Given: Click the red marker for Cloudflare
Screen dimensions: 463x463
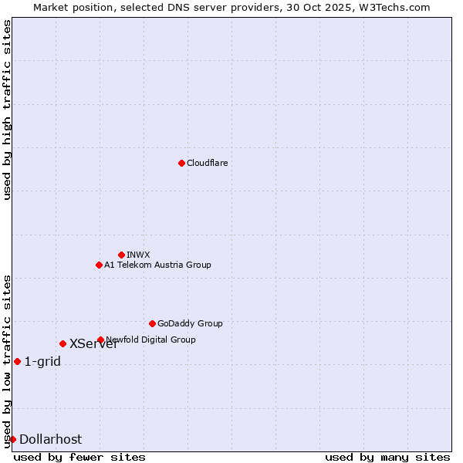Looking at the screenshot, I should coord(181,163).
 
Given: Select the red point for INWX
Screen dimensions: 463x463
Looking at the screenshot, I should coord(121,255).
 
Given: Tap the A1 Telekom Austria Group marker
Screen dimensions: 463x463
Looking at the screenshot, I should coord(99,265).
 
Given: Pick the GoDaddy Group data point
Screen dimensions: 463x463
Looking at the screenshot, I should coord(152,323).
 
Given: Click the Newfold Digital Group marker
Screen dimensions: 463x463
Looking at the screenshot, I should coord(100,340).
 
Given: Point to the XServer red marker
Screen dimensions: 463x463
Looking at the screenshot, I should coord(63,343).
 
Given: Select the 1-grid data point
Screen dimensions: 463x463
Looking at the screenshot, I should coord(17,361).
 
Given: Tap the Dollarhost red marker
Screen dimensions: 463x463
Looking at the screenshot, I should coord(12,439).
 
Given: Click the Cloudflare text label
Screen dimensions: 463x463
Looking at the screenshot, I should coord(207,163).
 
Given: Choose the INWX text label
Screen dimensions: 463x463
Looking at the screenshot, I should coord(139,255).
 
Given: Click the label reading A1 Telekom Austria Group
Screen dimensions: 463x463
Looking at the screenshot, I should coord(157,265).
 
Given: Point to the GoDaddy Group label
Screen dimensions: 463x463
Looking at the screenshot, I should coord(190,323).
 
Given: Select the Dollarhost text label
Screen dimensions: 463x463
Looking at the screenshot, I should coord(50,439).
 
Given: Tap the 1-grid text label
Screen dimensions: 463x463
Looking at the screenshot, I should coord(42,361).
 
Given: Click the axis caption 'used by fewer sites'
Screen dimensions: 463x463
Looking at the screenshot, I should coord(79,457).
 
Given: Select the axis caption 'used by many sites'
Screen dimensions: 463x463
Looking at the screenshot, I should coord(387,457).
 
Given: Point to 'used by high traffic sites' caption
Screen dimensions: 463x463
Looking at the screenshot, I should coord(7,110).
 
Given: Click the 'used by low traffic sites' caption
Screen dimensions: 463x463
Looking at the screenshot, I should coord(7,360).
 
